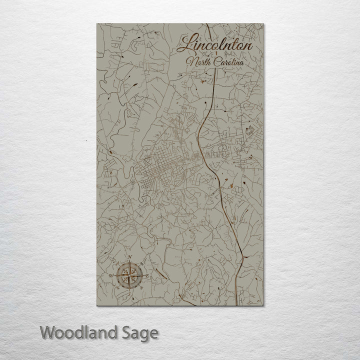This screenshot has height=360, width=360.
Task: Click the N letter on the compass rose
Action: (131, 258)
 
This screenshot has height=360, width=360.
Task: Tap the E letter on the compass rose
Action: (146, 274)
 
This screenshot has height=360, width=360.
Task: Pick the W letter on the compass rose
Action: (111, 275)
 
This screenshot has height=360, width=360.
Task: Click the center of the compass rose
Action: (129, 274)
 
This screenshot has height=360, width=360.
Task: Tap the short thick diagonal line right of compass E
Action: (160, 273)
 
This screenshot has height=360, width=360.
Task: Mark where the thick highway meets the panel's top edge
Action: (207, 24)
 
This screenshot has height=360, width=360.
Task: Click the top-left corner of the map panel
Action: (97, 24)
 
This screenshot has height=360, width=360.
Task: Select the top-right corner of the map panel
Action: (263, 24)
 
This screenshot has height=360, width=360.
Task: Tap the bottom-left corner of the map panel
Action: (97, 305)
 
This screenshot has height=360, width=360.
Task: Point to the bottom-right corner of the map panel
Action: (263, 305)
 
